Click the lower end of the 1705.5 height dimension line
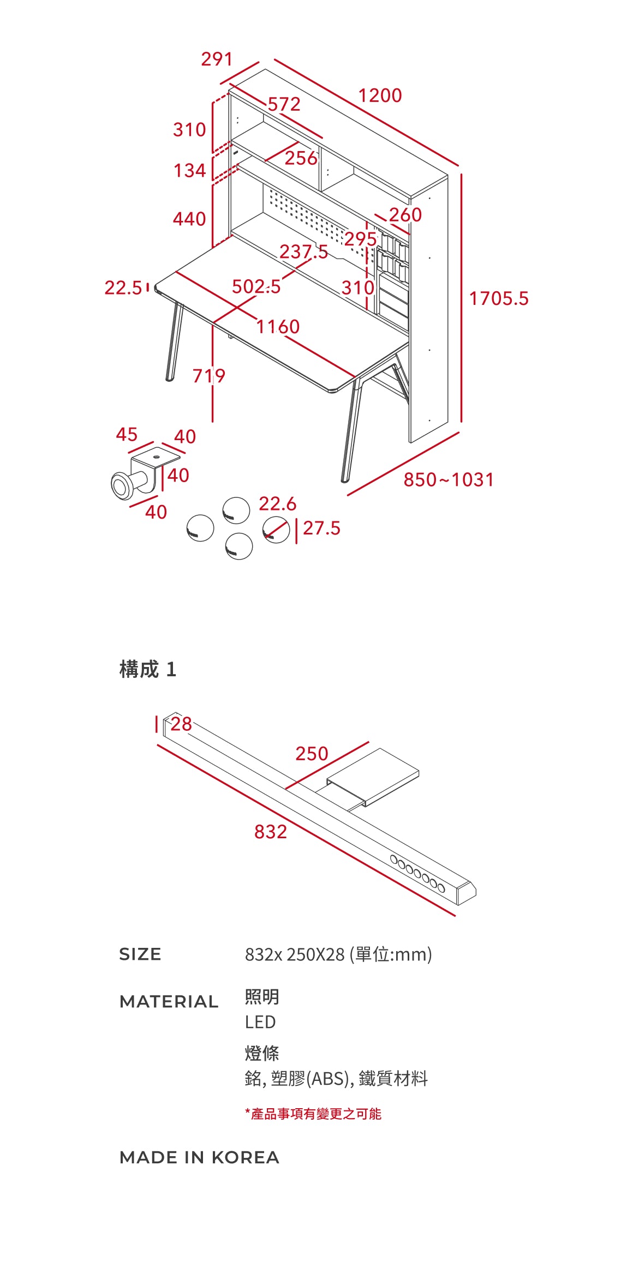coord(461,422)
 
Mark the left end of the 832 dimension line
coord(158,745)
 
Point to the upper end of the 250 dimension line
coord(368,742)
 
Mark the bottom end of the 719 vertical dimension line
coord(212,421)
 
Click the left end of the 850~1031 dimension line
coord(348,495)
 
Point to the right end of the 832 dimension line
coord(455,915)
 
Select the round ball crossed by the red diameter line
coord(276,529)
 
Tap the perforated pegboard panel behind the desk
coord(316,224)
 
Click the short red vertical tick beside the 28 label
coord(157,724)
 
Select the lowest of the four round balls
coord(239,546)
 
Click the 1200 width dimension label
coord(380,95)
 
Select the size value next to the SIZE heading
coord(338,954)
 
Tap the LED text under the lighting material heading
coord(260,1022)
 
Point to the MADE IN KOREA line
coord(199,1157)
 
